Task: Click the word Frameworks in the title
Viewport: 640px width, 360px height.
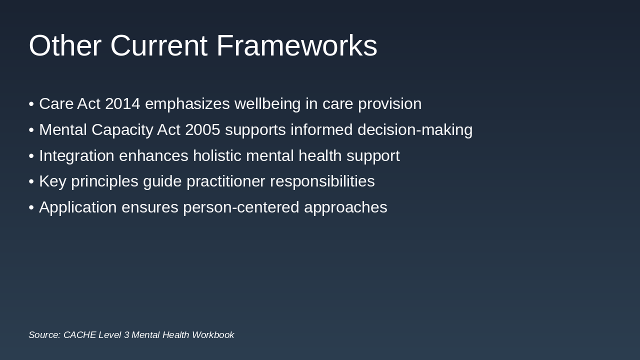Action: [x=296, y=45]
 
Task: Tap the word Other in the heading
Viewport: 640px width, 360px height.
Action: [x=65, y=45]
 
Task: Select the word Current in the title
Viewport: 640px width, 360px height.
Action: [x=158, y=45]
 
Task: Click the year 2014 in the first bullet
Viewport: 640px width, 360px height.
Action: [x=122, y=104]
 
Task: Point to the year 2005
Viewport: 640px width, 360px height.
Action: [x=202, y=130]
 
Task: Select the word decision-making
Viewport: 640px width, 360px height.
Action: [x=415, y=130]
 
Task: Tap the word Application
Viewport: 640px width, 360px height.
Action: [x=77, y=207]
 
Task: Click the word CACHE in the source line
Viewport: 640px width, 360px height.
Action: [x=79, y=335]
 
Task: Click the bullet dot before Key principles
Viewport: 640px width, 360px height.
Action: [x=31, y=182]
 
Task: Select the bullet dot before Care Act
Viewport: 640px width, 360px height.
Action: [x=31, y=104]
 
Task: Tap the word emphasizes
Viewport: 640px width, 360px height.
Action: [x=187, y=104]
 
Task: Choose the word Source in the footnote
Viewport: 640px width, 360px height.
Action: [x=44, y=335]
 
